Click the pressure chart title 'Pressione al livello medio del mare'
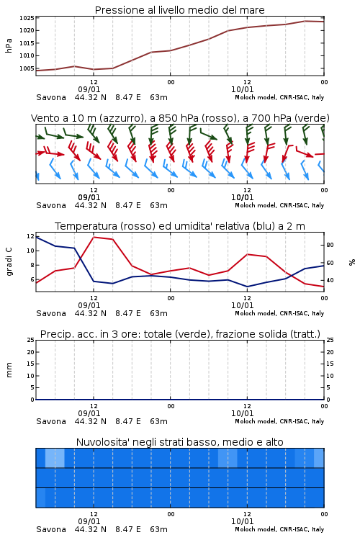179,10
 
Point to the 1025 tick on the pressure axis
27,18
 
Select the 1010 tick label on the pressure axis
27,55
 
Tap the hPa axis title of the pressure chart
9,45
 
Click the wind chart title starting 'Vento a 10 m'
180,118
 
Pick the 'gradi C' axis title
9,261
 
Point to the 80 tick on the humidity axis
330,246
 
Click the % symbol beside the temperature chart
352,262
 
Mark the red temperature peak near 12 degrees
94,237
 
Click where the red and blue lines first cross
80,257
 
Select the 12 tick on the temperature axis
30,236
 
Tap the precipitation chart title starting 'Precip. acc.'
180,334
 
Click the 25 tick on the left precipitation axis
30,340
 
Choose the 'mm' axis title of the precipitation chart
9,370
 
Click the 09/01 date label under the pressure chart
89,89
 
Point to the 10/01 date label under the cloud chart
242,521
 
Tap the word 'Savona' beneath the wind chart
51,206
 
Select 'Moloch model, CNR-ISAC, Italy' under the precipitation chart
279,421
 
